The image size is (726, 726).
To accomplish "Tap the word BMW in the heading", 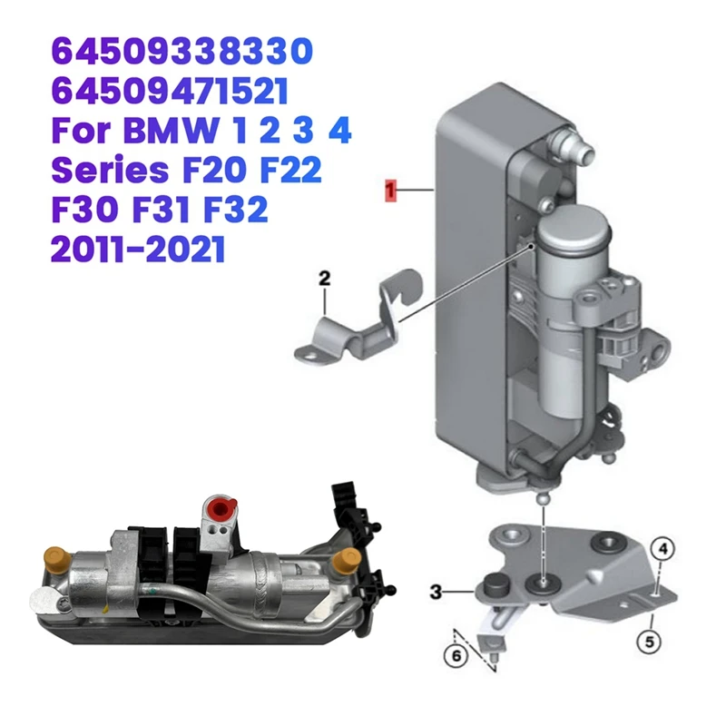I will [172, 132].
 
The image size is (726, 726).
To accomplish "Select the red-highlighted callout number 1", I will [391, 191].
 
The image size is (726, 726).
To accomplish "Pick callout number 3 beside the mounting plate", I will [436, 592].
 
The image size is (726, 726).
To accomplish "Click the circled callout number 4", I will [663, 547].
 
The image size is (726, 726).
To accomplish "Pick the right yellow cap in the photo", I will [343, 563].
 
